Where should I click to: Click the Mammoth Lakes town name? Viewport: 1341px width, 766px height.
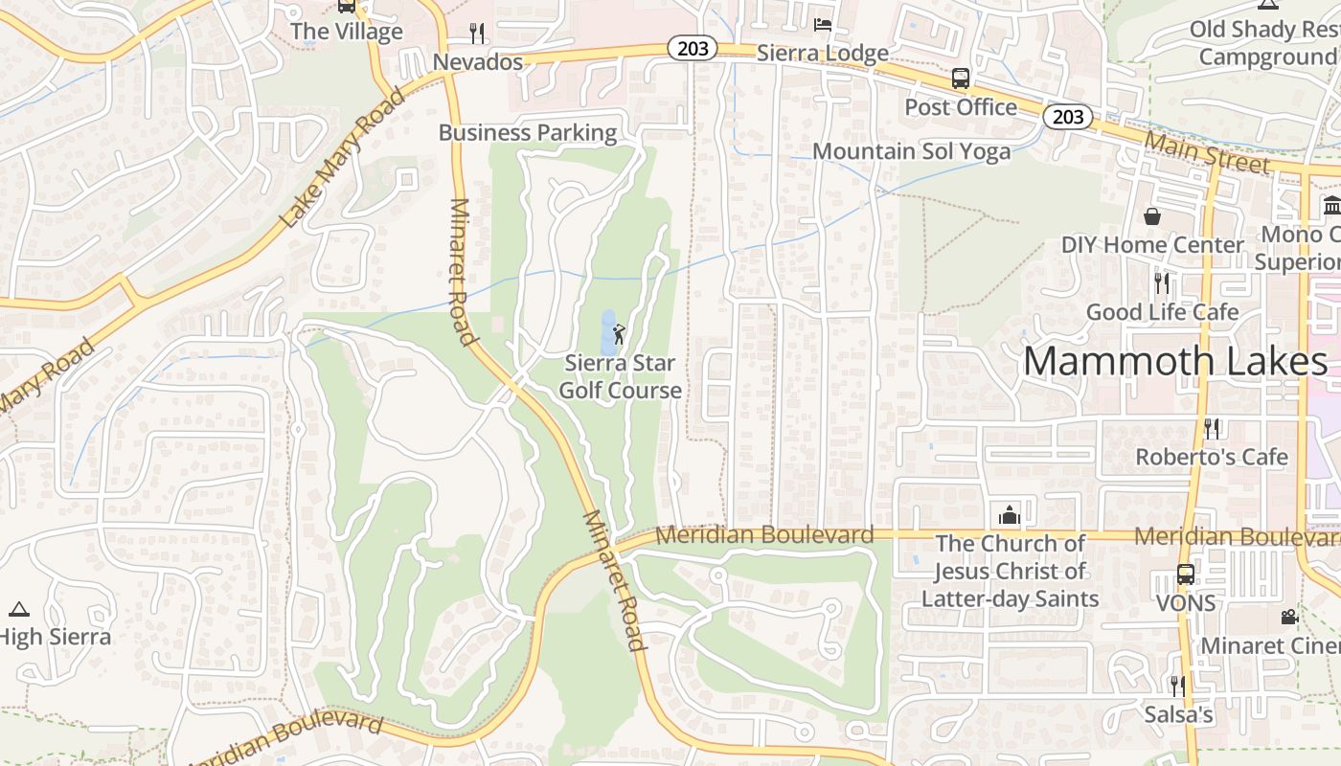click(1175, 362)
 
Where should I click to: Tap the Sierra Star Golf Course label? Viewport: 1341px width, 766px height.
click(620, 376)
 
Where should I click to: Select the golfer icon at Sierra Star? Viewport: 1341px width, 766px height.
click(619, 334)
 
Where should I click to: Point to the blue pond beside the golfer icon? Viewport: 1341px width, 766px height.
click(606, 330)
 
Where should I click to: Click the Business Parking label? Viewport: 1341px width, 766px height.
click(528, 132)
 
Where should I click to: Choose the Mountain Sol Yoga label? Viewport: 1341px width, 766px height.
click(911, 151)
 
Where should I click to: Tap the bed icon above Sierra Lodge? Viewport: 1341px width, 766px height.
click(822, 24)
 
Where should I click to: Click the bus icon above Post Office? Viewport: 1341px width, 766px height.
click(960, 79)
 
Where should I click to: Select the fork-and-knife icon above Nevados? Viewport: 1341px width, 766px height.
click(477, 34)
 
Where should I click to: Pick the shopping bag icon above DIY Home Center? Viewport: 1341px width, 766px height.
click(1152, 216)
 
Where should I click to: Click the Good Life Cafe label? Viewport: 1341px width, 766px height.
click(1162, 312)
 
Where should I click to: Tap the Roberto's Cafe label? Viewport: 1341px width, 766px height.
click(1212, 457)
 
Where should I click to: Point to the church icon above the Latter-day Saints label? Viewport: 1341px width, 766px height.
click(1009, 515)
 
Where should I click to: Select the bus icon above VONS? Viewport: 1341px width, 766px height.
click(1185, 574)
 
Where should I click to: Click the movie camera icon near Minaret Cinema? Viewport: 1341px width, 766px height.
click(1289, 617)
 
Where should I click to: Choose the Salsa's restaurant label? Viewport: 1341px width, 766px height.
click(1178, 714)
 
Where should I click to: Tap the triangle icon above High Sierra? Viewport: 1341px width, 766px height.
click(18, 609)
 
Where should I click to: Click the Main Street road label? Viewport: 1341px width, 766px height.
click(1207, 153)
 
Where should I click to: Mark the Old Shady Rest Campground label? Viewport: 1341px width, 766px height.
click(1264, 43)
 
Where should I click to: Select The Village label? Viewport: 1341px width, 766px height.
click(346, 32)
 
